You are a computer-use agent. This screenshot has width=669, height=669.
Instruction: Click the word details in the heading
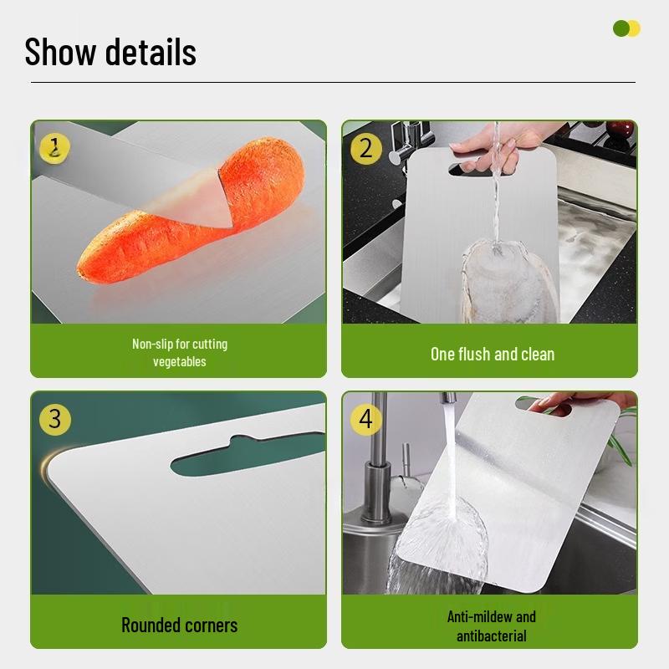pos(151,52)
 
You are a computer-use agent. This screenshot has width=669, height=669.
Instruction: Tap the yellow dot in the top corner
pos(633,29)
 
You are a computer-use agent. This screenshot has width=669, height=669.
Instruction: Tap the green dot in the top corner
pos(620,29)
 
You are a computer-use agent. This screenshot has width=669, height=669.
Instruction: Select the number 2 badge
pos(365,148)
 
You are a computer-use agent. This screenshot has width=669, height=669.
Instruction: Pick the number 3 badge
pos(55,418)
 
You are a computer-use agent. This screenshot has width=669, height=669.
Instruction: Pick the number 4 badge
pos(365,418)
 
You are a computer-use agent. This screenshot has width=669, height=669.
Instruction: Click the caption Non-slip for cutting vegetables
pos(179,352)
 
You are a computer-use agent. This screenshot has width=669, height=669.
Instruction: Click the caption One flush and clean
pos(492,354)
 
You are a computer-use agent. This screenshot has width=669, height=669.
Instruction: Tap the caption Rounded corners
pos(179,625)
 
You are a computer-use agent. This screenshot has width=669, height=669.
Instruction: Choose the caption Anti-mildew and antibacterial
pos(492,626)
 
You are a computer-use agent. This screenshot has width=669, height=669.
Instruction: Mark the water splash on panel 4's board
pos(443,535)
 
